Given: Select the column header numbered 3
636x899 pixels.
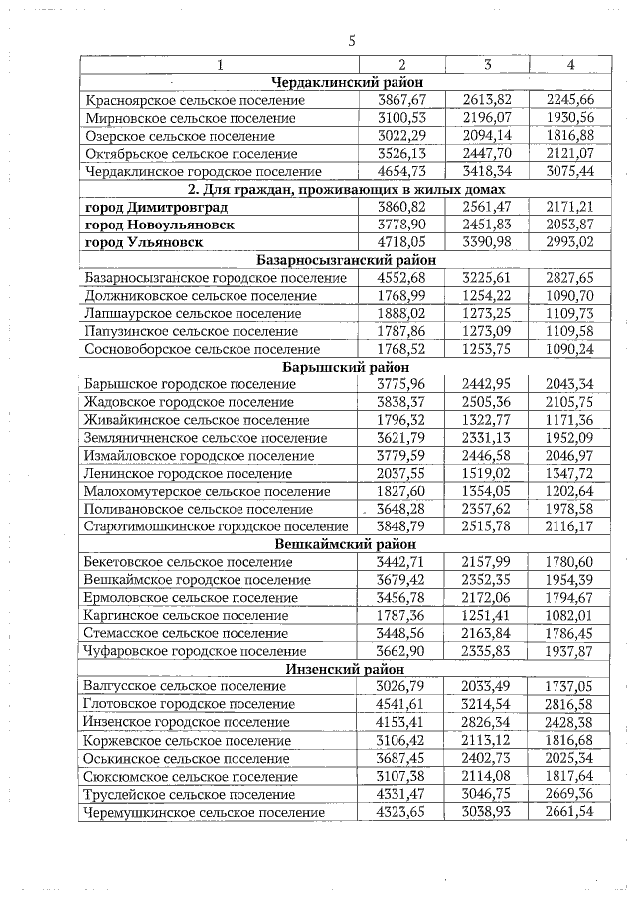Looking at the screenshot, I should [487, 65].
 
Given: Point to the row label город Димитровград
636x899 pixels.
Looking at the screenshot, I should [157, 207].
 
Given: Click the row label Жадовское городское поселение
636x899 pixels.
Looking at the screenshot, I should [184, 402].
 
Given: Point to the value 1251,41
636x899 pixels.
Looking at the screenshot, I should [487, 616].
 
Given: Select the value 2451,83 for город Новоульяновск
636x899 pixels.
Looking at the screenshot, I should [487, 225].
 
